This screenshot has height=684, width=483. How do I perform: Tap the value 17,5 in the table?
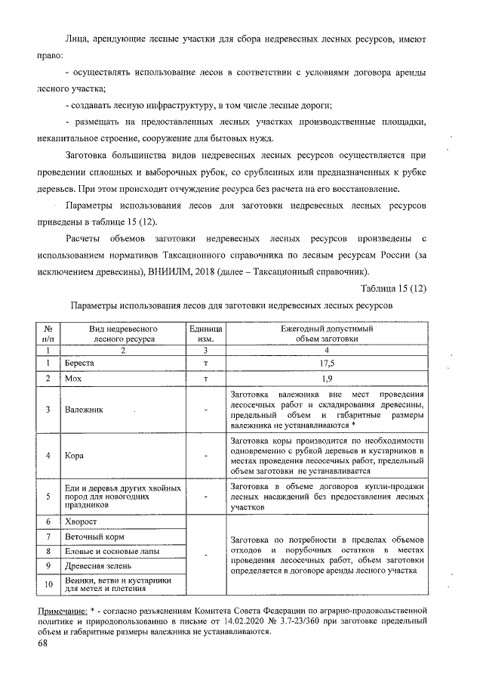(327, 364)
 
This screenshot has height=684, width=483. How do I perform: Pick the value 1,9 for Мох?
(327, 379)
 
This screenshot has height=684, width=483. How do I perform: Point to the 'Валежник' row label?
(85, 410)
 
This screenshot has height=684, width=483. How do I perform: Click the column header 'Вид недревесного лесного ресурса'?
(122, 335)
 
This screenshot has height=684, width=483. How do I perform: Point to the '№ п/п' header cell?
(48, 335)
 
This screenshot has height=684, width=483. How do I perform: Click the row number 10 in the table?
(48, 584)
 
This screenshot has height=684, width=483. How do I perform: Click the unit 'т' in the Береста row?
(205, 364)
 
